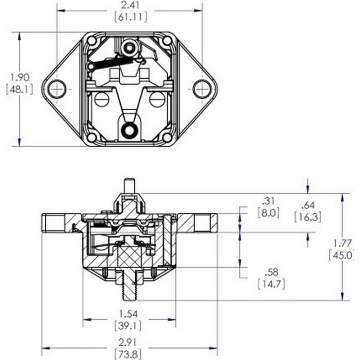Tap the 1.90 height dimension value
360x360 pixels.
coord(20,77)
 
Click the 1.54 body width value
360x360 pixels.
coord(129,314)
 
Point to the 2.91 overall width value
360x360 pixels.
coord(129,343)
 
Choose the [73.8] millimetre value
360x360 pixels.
coord(129,353)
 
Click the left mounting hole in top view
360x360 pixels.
coord(57,88)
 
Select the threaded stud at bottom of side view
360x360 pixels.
coord(129,287)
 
